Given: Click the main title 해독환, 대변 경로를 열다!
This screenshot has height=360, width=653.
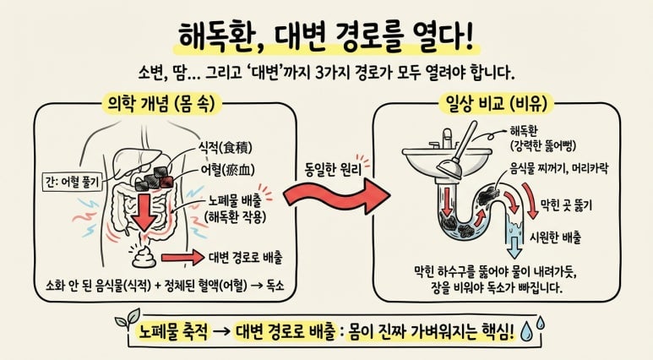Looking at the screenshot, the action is click(326, 38).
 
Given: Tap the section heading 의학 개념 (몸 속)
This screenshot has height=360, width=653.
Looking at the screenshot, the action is click(162, 104).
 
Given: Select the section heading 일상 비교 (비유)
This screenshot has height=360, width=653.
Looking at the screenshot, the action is click(496, 103).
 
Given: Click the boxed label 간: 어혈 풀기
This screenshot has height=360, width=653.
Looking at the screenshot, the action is click(73, 182).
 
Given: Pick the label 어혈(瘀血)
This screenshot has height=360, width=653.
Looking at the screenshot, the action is click(227, 170).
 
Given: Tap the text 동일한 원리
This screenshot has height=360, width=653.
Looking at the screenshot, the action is click(333, 170).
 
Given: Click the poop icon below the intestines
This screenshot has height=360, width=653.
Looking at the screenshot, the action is click(144, 256).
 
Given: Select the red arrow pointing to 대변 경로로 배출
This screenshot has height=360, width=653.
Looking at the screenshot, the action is click(182, 258).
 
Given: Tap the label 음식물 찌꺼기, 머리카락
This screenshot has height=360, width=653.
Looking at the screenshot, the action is click(559, 168).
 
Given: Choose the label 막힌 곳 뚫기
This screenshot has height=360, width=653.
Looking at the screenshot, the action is click(566, 205).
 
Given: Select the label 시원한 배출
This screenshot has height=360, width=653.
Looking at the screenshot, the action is click(555, 237).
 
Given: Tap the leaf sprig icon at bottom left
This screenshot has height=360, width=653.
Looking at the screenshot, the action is click(128, 319).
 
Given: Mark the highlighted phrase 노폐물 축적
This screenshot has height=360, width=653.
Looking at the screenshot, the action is click(173, 332).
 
